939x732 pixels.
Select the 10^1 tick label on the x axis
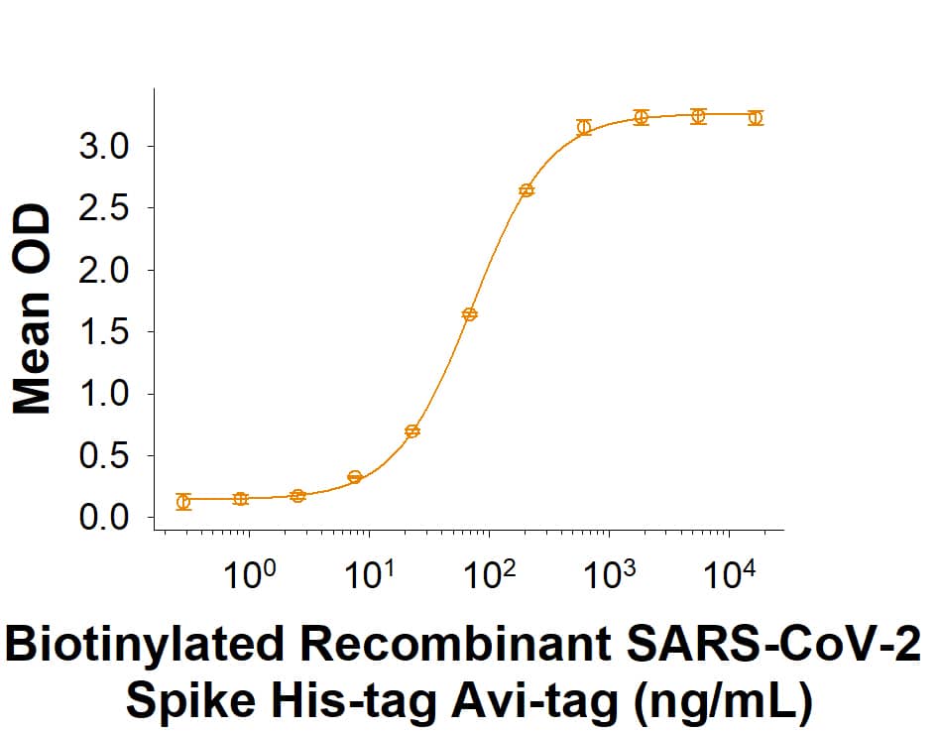click(x=368, y=574)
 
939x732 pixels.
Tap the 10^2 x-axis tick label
click(x=488, y=574)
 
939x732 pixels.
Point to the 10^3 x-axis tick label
click(x=608, y=574)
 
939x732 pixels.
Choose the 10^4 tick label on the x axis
click(x=729, y=574)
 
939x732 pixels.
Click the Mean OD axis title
click(x=34, y=308)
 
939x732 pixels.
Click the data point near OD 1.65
click(x=470, y=314)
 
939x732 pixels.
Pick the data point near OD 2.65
click(x=527, y=190)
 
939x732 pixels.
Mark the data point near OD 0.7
click(x=412, y=431)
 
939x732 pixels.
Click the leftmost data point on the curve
click(x=183, y=502)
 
